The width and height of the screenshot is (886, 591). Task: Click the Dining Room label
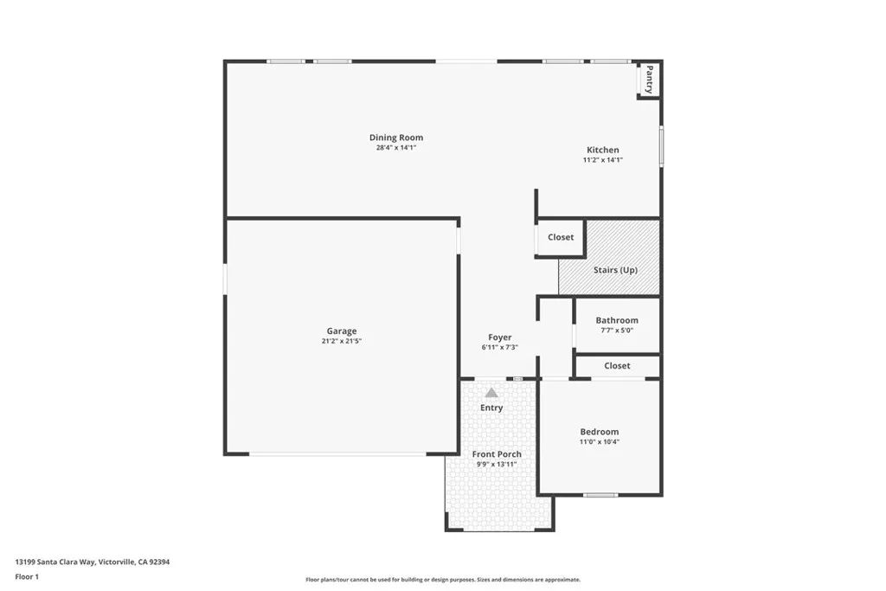[396, 138]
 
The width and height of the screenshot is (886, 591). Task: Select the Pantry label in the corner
[649, 80]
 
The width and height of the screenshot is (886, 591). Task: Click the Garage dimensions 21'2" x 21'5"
[341, 341]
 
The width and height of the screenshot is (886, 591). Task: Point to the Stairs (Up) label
[615, 270]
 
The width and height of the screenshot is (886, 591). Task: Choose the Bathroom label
[617, 320]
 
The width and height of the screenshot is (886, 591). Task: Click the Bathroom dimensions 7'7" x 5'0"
[617, 330]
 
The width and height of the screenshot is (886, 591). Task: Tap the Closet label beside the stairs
[561, 237]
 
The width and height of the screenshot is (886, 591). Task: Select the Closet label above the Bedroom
[617, 366]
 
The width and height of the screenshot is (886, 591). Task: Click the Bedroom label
[600, 432]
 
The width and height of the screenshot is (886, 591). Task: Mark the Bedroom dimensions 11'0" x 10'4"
[600, 442]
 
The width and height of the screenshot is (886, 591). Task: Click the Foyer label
[500, 337]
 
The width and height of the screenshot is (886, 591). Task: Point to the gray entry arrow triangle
[491, 393]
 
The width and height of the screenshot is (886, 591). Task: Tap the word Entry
[491, 408]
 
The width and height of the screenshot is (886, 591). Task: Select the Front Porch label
[497, 454]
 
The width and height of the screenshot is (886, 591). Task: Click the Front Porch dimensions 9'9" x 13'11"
[497, 465]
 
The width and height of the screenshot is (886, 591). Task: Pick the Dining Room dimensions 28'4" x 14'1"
[396, 148]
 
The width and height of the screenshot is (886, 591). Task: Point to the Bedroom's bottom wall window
[600, 495]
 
